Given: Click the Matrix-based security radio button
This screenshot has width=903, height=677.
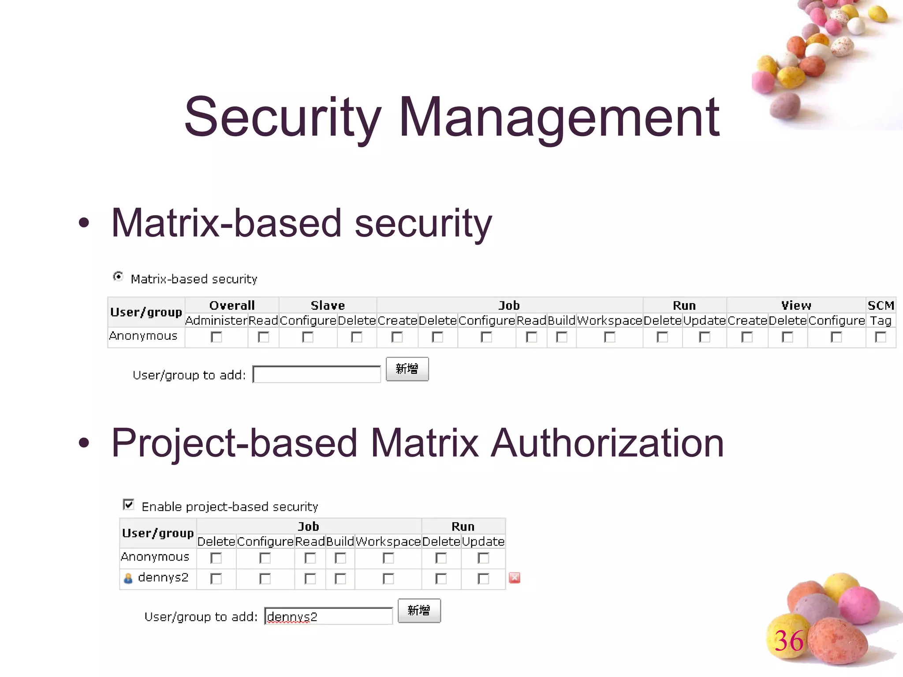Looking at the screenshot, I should (x=118, y=276).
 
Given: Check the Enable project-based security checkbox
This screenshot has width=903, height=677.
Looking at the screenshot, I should (x=128, y=504).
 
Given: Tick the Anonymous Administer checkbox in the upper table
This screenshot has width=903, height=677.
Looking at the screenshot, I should (x=216, y=337).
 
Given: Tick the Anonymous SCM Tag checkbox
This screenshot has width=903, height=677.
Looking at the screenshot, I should (x=880, y=337).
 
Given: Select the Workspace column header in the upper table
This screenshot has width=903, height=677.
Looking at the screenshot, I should (x=609, y=320).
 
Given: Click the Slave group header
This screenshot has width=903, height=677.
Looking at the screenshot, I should (x=328, y=305).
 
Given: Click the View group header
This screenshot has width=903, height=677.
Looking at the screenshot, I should (x=796, y=305).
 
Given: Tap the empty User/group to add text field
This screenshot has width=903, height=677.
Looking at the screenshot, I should (x=317, y=374).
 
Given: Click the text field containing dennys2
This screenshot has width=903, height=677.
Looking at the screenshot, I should (x=328, y=616).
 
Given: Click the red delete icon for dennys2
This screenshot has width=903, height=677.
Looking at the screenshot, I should (x=514, y=578).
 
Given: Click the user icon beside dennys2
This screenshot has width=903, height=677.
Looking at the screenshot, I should (x=128, y=578).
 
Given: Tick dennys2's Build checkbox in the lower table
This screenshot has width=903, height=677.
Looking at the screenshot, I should (x=340, y=579).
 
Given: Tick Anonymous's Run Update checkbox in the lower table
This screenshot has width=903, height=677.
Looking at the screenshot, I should (x=483, y=558).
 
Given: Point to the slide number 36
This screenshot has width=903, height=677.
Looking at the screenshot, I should (x=789, y=640).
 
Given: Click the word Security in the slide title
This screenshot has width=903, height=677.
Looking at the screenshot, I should (x=282, y=117).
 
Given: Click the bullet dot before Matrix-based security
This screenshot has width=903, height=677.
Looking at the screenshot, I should (x=84, y=223).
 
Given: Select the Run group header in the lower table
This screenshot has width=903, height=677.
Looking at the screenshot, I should (x=463, y=526).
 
